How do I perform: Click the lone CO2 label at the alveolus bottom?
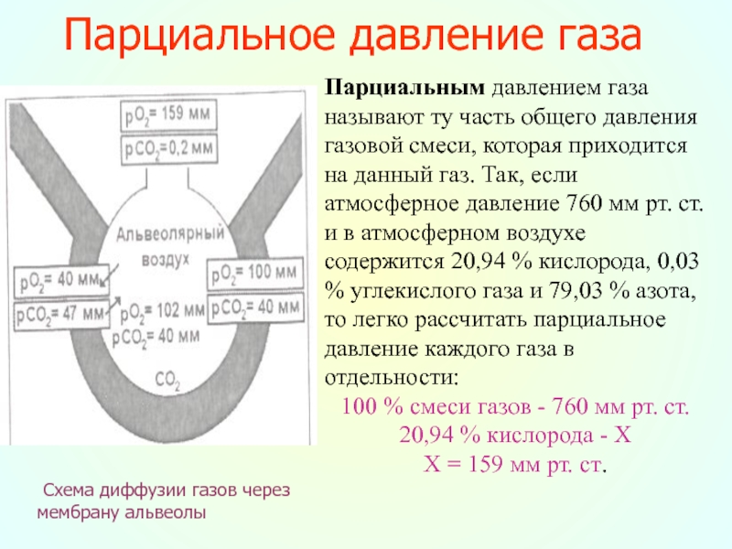point(167,376)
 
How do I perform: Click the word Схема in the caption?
point(70,490)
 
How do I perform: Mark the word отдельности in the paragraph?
point(391,377)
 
